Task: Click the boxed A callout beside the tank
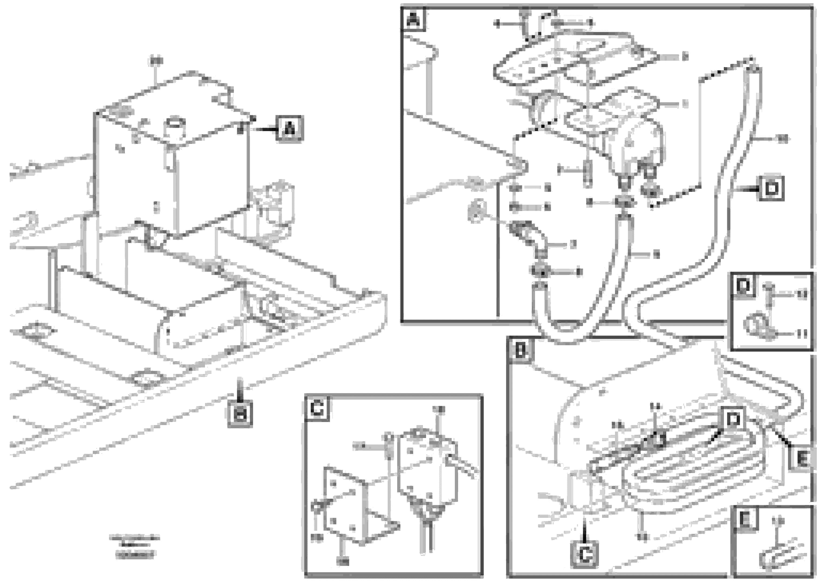point(289,128)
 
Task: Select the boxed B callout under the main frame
point(240,414)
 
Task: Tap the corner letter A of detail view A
point(413,19)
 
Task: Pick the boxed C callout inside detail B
point(584,555)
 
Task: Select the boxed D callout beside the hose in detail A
point(771,188)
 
